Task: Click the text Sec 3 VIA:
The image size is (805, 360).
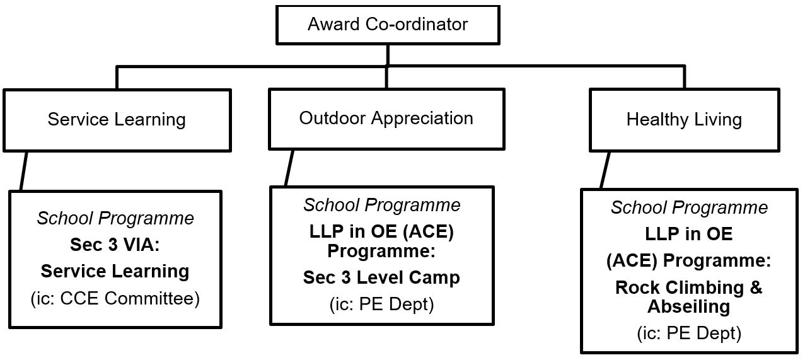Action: pyautogui.click(x=115, y=245)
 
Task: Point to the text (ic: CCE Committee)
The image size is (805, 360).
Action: pyautogui.click(x=115, y=299)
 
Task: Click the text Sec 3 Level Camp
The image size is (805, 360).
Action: pyautogui.click(x=381, y=278)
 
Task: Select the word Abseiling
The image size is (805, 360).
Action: pyautogui.click(x=688, y=307)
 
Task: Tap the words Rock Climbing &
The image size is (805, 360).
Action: pyautogui.click(x=688, y=287)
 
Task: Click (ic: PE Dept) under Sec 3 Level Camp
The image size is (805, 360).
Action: pyautogui.click(x=381, y=305)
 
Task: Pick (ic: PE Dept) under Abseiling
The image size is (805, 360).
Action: pyautogui.click(x=689, y=333)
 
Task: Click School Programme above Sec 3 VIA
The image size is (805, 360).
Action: pyautogui.click(x=115, y=218)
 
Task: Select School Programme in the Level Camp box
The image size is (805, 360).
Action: pyautogui.click(x=381, y=206)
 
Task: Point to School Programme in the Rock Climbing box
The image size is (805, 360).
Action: pyautogui.click(x=689, y=208)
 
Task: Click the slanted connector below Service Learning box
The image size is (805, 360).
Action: pyautogui.click(x=23, y=171)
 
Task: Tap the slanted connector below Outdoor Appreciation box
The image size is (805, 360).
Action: pyautogui.click(x=289, y=168)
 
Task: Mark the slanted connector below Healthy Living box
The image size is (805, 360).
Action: pyautogui.click(x=605, y=170)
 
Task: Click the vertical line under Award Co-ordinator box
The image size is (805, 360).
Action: pyautogui.click(x=388, y=55)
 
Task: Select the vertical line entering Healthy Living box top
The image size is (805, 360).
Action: pyautogui.click(x=684, y=78)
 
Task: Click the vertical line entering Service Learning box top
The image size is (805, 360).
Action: pyautogui.click(x=117, y=78)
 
